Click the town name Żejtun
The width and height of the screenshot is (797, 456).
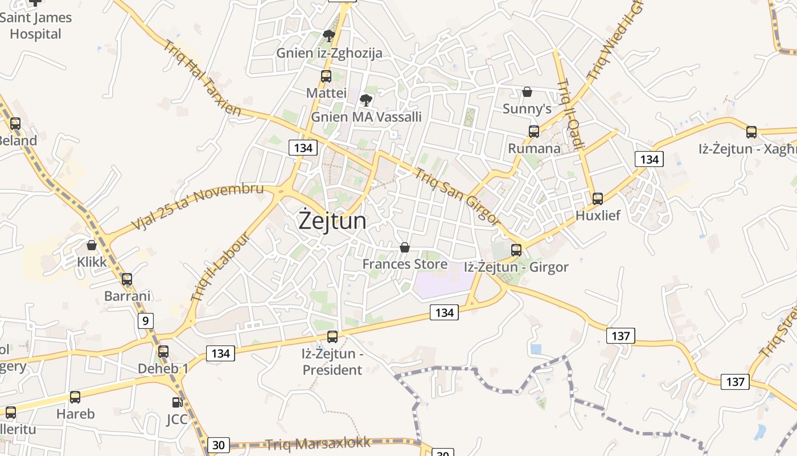pyautogui.click(x=333, y=221)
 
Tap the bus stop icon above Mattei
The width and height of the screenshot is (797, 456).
pyautogui.click(x=326, y=76)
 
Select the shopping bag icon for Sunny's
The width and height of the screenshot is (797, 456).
pyautogui.click(x=527, y=91)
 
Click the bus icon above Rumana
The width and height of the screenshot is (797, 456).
pyautogui.click(x=533, y=131)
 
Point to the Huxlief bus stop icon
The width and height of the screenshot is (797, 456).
pyautogui.click(x=597, y=198)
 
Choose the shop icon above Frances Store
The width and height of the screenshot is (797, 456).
pyautogui.click(x=404, y=247)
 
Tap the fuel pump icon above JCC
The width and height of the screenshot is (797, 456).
pyautogui.click(x=177, y=402)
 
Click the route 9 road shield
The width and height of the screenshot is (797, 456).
pyautogui.click(x=145, y=321)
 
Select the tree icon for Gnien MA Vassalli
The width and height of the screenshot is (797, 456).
pyautogui.click(x=366, y=100)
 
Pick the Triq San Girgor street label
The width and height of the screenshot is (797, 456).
pyautogui.click(x=457, y=196)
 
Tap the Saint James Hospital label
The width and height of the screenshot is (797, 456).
pyautogui.click(x=35, y=26)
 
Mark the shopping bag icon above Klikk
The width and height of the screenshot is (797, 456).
pyautogui.click(x=92, y=245)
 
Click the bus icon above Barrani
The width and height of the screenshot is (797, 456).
pyautogui.click(x=127, y=279)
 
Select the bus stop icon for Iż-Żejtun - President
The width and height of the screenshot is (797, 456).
pyautogui.click(x=332, y=337)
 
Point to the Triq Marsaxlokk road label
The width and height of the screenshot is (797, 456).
pyautogui.click(x=318, y=443)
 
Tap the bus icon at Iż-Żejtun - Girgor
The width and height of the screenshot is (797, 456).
pyautogui.click(x=516, y=250)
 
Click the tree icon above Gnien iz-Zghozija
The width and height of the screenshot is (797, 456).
pyautogui.click(x=328, y=36)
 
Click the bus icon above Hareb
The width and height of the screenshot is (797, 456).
pyautogui.click(x=75, y=397)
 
